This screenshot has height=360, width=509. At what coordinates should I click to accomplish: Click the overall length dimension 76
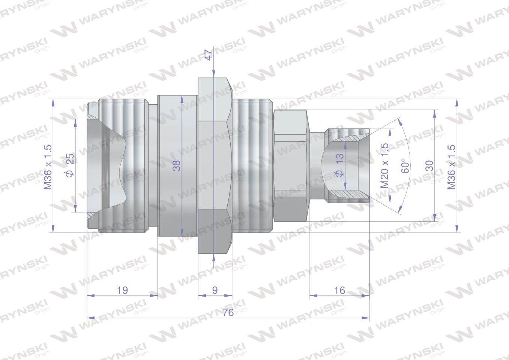(x=228, y=312)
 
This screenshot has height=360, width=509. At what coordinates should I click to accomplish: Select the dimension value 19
(x=122, y=290)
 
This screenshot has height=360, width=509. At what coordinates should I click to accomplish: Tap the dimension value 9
(x=215, y=290)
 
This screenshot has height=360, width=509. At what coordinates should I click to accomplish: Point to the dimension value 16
(x=339, y=290)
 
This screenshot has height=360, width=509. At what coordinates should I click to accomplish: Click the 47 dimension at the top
(x=209, y=55)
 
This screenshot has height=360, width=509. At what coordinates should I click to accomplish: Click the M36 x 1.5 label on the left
(x=48, y=167)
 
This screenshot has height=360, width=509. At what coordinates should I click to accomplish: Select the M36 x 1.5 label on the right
(x=451, y=167)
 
